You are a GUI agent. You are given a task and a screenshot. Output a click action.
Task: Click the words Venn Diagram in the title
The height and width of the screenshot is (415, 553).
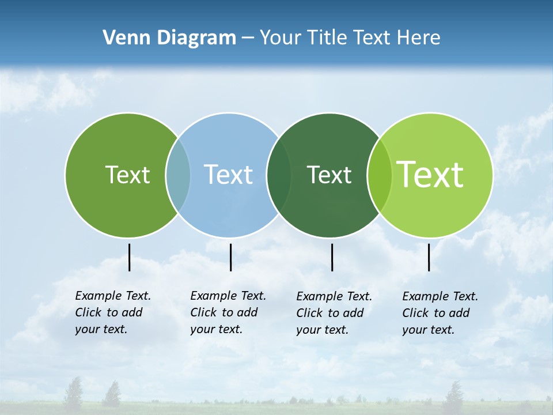pos(169,38)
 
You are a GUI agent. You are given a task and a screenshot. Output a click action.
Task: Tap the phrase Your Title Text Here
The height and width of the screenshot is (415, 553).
pos(350,38)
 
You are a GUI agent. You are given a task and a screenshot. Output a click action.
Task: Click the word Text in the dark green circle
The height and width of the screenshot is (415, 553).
pos(329,175)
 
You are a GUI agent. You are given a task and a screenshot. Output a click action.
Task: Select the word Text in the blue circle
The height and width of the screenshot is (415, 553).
pos(228,175)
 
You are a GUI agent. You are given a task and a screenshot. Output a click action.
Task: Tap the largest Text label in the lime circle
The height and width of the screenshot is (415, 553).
pos(430,174)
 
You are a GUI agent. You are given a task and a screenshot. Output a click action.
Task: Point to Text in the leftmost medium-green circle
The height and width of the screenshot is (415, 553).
pos(127,175)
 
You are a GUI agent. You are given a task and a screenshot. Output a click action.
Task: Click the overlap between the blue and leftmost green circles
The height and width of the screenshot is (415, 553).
pos(178,175)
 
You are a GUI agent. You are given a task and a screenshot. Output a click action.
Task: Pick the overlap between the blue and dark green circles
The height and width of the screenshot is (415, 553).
pos(279,175)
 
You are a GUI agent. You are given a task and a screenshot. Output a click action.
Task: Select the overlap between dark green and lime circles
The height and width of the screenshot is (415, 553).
pos(380,175)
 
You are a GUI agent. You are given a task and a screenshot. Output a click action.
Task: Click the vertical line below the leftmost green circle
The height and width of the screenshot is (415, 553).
pos(129,257)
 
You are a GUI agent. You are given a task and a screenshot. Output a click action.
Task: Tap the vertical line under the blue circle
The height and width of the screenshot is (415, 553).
pos(230,257)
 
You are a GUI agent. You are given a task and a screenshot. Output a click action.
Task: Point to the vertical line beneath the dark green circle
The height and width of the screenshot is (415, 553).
pos(332,257)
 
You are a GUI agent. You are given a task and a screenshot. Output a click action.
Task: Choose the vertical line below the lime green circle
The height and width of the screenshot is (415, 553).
pos(429,257)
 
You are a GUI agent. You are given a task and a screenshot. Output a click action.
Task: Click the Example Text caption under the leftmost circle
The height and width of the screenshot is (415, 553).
pos(112,312)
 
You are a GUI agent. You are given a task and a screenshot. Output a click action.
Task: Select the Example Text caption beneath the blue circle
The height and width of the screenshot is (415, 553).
pos(228,312)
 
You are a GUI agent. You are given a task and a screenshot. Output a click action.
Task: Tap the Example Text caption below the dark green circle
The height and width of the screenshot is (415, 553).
pos(334,313)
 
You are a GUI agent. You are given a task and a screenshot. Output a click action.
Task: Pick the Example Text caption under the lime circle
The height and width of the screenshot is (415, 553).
pos(440,313)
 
